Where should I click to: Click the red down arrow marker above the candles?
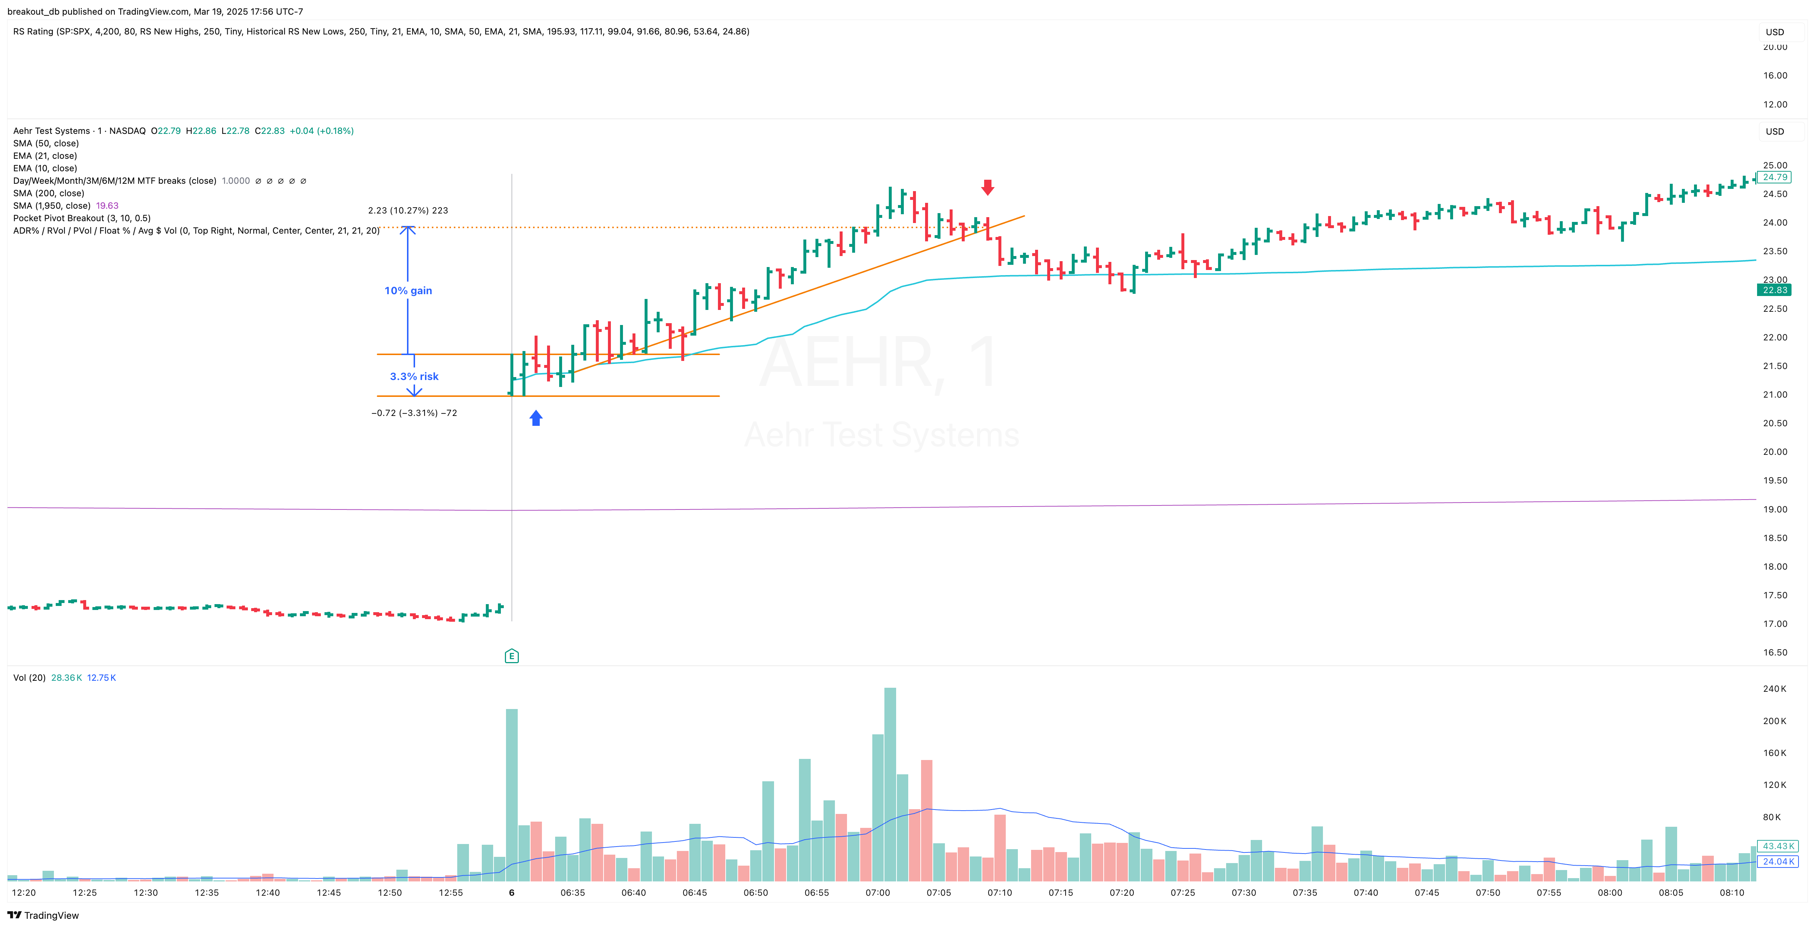(x=988, y=187)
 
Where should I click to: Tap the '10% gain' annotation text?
(x=408, y=290)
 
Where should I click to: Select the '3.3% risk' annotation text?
(x=414, y=376)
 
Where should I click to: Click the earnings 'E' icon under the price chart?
(x=511, y=656)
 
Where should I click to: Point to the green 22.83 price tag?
(x=1774, y=290)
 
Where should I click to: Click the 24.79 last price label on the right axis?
(x=1775, y=177)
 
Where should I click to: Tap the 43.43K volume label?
(x=1778, y=845)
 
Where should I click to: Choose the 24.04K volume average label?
(x=1778, y=861)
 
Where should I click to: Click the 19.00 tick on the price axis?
(x=1775, y=509)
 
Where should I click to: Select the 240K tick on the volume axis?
(x=1774, y=688)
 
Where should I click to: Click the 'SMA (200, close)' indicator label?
(x=49, y=193)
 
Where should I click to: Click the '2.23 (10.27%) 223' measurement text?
(x=408, y=210)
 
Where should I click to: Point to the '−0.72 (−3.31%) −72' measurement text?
(x=414, y=413)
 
